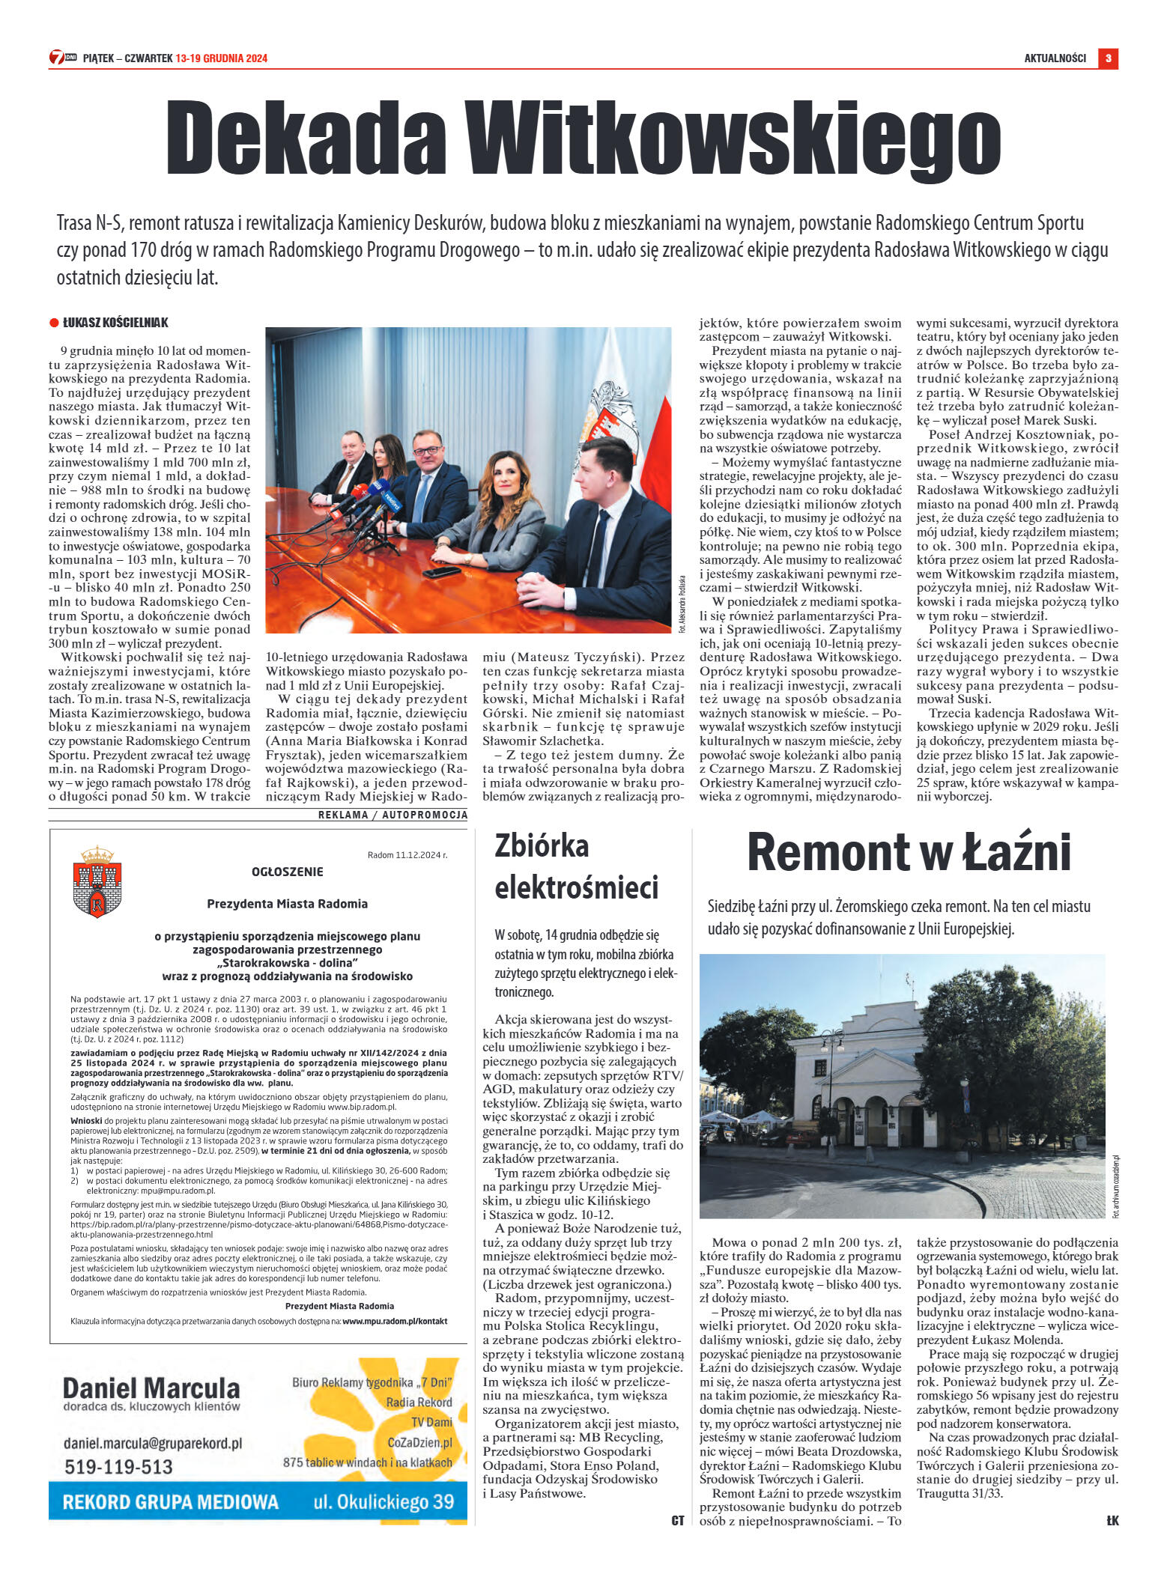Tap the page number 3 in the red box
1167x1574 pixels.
1108,58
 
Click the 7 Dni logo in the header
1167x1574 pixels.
62,58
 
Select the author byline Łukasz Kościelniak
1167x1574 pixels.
115,323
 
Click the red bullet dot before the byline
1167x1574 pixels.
54,323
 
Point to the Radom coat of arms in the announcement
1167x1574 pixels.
97,881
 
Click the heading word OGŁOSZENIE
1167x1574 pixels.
288,872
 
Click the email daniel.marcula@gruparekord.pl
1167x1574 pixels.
153,1442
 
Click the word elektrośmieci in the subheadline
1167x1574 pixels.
576,888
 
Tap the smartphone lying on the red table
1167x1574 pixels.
441,572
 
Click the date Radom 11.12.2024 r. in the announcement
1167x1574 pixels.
407,854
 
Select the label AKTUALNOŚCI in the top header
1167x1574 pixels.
1055,58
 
